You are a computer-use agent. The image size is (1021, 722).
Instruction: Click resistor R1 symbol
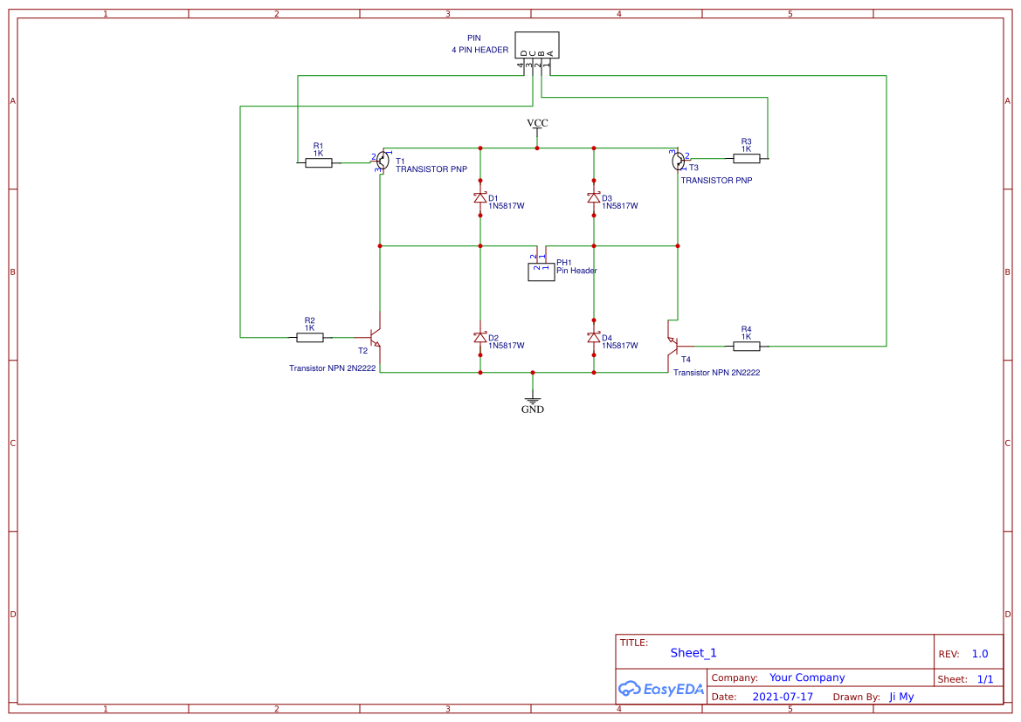point(318,162)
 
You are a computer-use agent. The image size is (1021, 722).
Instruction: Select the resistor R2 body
point(309,337)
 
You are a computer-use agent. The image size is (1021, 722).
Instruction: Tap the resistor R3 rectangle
point(746,158)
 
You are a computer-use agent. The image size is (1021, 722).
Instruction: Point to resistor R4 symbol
point(746,346)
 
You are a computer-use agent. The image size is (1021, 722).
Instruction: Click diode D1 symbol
point(479,198)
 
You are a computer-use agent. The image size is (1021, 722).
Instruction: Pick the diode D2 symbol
point(479,338)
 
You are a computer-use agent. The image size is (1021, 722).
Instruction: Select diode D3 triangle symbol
point(594,198)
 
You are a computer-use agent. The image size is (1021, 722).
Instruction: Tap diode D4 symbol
point(594,338)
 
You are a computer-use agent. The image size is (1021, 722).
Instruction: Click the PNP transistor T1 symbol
point(383,160)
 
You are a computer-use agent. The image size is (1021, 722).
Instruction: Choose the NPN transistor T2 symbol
point(376,337)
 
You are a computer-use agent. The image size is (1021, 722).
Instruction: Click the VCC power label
point(537,124)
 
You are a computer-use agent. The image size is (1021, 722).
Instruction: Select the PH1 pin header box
point(541,271)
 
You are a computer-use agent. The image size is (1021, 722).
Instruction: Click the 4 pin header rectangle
point(536,45)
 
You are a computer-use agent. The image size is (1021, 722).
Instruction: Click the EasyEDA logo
point(660,689)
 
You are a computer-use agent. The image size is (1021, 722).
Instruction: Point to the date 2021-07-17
point(783,697)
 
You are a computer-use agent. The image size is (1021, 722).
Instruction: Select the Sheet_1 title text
point(693,653)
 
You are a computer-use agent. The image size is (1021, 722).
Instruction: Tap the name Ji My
point(901,697)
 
